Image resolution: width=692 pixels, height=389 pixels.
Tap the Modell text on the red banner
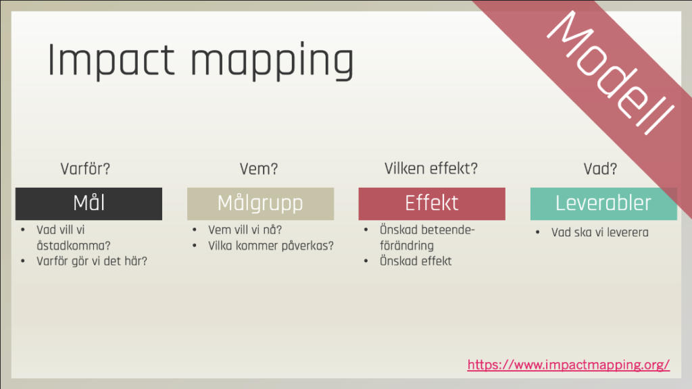pyautogui.click(x=611, y=72)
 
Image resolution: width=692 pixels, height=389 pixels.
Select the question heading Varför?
pyautogui.click(x=85, y=168)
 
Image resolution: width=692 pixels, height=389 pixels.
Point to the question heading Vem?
pyautogui.click(x=259, y=168)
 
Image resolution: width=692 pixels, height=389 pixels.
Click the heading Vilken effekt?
pyautogui.click(x=430, y=168)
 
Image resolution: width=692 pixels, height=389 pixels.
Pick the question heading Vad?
pyautogui.click(x=600, y=168)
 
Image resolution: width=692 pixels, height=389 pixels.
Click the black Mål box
pyautogui.click(x=89, y=204)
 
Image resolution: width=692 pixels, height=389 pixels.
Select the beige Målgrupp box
pyautogui.click(x=260, y=204)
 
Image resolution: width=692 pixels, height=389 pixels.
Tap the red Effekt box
pyautogui.click(x=432, y=204)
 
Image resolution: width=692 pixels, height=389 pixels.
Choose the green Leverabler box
pyautogui.click(x=603, y=204)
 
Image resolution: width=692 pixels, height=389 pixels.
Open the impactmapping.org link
pyautogui.click(x=568, y=365)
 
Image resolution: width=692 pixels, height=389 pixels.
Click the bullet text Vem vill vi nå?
pyautogui.click(x=245, y=230)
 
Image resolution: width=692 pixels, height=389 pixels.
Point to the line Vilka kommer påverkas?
pyautogui.click(x=271, y=246)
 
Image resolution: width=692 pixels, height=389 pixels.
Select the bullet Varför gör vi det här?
pyautogui.click(x=92, y=261)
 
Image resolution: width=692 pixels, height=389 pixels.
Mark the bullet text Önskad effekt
pyautogui.click(x=416, y=261)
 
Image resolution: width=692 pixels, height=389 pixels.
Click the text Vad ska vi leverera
pyautogui.click(x=600, y=232)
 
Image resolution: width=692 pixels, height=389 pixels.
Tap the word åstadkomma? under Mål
pyautogui.click(x=74, y=246)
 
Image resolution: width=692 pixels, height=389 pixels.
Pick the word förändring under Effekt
pyautogui.click(x=407, y=246)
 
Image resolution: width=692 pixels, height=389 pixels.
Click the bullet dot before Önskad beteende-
pyautogui.click(x=366, y=230)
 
